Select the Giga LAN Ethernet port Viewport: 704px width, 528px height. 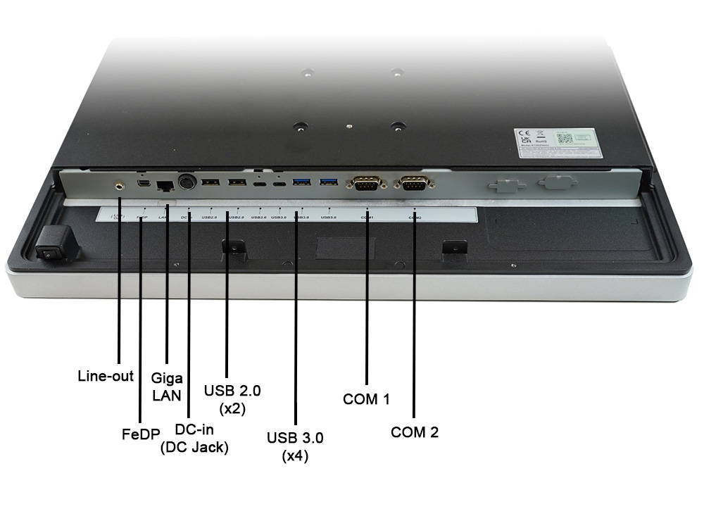pos(165,186)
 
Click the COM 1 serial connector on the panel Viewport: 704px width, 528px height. pos(365,184)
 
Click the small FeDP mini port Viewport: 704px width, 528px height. pos(142,184)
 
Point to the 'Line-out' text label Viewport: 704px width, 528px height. pos(105,376)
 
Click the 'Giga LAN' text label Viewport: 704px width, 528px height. pos(167,386)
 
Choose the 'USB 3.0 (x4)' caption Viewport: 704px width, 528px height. pos(295,446)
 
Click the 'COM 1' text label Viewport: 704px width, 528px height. pos(366,399)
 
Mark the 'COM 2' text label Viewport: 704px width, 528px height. pos(415,432)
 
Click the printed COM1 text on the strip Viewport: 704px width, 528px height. pos(367,218)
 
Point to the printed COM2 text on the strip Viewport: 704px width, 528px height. pos(415,218)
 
